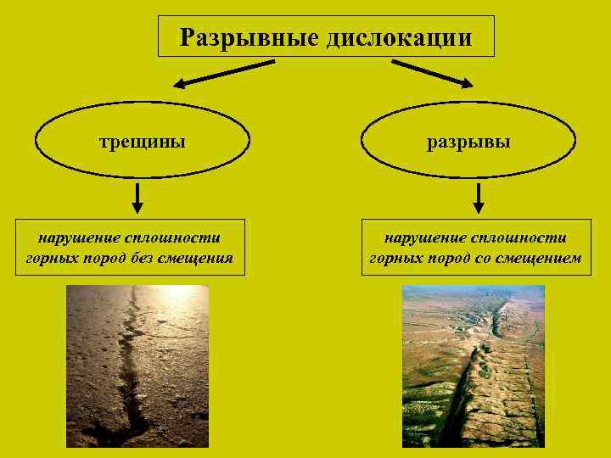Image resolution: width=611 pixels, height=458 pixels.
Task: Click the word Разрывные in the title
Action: click(241, 37)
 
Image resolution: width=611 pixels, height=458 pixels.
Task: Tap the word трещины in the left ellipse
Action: click(143, 141)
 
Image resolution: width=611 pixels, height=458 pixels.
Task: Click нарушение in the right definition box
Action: click(423, 238)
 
